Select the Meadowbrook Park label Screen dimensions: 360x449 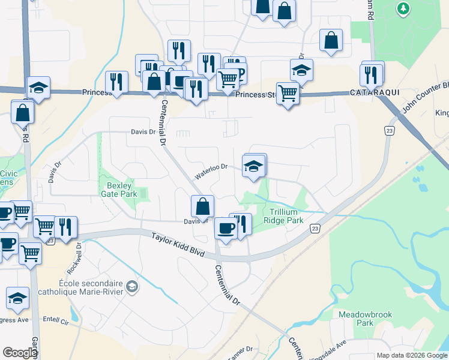pyautogui.click(x=355, y=319)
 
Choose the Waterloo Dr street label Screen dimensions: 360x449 pyautogui.click(x=211, y=171)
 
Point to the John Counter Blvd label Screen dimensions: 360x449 pyautogui.click(x=426, y=96)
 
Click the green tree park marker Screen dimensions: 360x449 pyautogui.click(x=402, y=8)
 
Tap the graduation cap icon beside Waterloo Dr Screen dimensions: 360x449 pyautogui.click(x=253, y=166)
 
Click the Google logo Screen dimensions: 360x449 pyautogui.click(x=20, y=353)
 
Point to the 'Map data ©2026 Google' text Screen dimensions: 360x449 pyautogui.click(x=412, y=355)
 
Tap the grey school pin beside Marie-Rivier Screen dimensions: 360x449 pyautogui.click(x=132, y=289)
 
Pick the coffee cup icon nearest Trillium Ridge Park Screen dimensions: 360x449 pyautogui.click(x=226, y=229)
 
